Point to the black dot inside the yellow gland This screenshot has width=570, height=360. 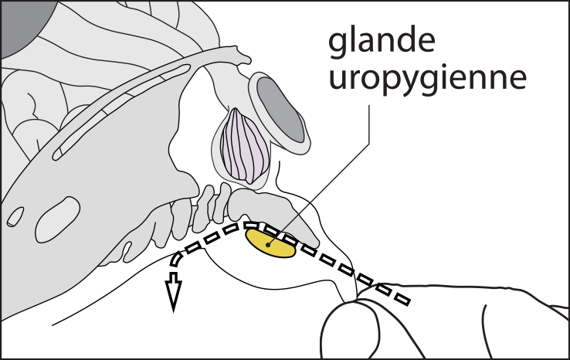267,244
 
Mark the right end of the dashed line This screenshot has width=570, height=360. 405,299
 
